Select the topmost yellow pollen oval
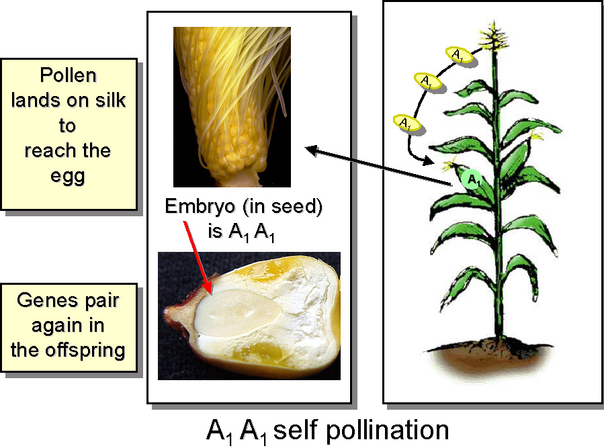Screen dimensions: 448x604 460,54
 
